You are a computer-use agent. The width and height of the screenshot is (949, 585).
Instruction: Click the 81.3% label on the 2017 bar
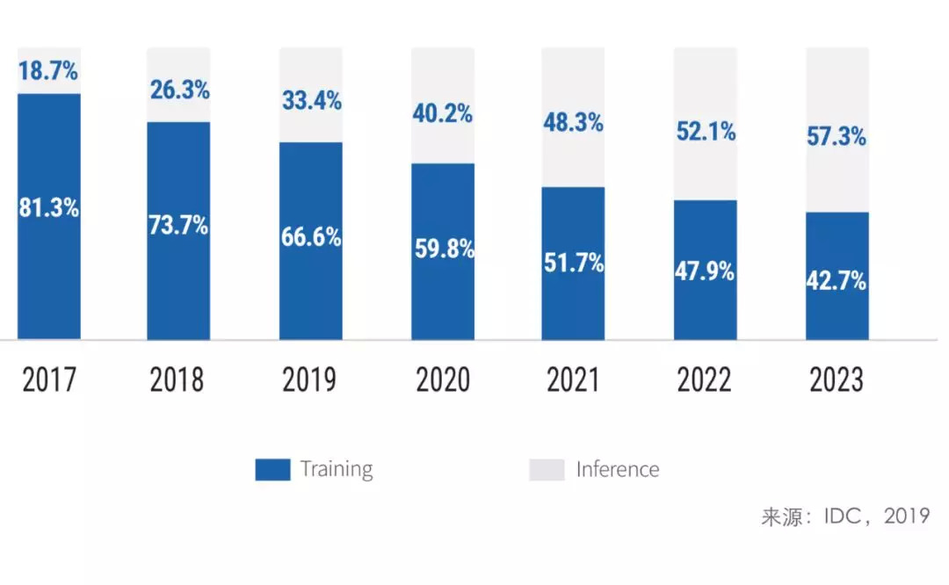pos(49,208)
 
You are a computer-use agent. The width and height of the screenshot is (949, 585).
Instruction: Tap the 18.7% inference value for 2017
pos(49,71)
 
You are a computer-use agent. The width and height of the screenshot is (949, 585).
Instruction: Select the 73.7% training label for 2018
pos(178,224)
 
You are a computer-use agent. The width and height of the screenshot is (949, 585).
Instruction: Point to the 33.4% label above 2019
pos(312,100)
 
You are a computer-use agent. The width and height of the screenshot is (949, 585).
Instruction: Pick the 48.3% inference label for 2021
pos(574,122)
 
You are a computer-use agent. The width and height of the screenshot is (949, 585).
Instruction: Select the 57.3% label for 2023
pos(837,136)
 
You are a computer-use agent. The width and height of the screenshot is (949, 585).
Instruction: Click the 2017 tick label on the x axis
pos(49,379)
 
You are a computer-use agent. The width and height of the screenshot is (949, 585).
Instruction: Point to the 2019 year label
pos(309,379)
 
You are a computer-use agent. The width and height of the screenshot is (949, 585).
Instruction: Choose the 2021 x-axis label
pos(573,379)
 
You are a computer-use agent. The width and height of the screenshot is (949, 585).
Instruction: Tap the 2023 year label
pos(837,379)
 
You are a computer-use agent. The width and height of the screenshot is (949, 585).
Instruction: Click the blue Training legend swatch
pos(272,470)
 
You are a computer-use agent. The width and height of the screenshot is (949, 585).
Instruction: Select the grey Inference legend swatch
pos(547,470)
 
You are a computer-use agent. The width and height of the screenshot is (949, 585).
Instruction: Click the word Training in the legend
pos(337,469)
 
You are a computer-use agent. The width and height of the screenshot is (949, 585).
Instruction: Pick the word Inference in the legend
pos(618,469)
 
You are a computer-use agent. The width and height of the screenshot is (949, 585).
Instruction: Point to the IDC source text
pos(845,516)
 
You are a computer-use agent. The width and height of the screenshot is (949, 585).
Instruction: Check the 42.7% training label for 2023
pos(837,281)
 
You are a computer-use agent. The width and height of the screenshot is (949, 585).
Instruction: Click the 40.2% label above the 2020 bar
pos(444,113)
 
